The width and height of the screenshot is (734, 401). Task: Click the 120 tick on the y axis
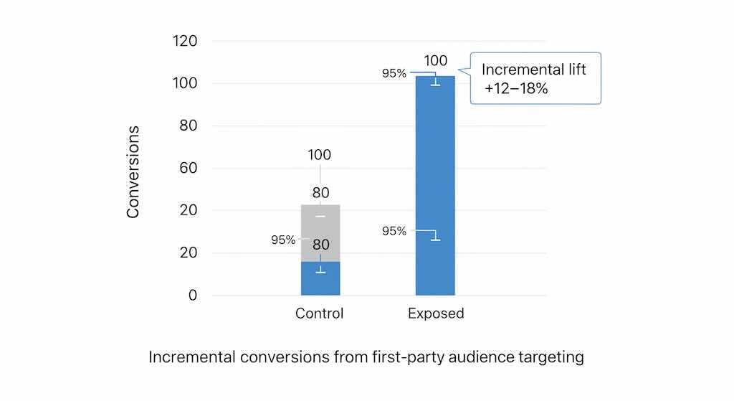185,41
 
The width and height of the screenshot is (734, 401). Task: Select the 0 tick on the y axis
191,295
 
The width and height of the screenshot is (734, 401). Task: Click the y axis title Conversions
133,172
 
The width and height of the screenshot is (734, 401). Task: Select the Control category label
320,313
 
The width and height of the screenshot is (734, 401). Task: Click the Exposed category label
436,313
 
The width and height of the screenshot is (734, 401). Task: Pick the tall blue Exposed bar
435,179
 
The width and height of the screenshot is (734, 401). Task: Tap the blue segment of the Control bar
320,280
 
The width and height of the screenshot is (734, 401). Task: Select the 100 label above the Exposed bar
436,61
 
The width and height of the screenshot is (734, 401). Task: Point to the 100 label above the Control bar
320,155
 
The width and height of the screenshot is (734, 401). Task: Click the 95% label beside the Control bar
283,240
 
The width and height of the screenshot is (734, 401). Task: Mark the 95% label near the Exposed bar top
394,73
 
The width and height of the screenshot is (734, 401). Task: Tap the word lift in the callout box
573,70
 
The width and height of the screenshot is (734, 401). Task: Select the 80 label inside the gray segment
320,245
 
